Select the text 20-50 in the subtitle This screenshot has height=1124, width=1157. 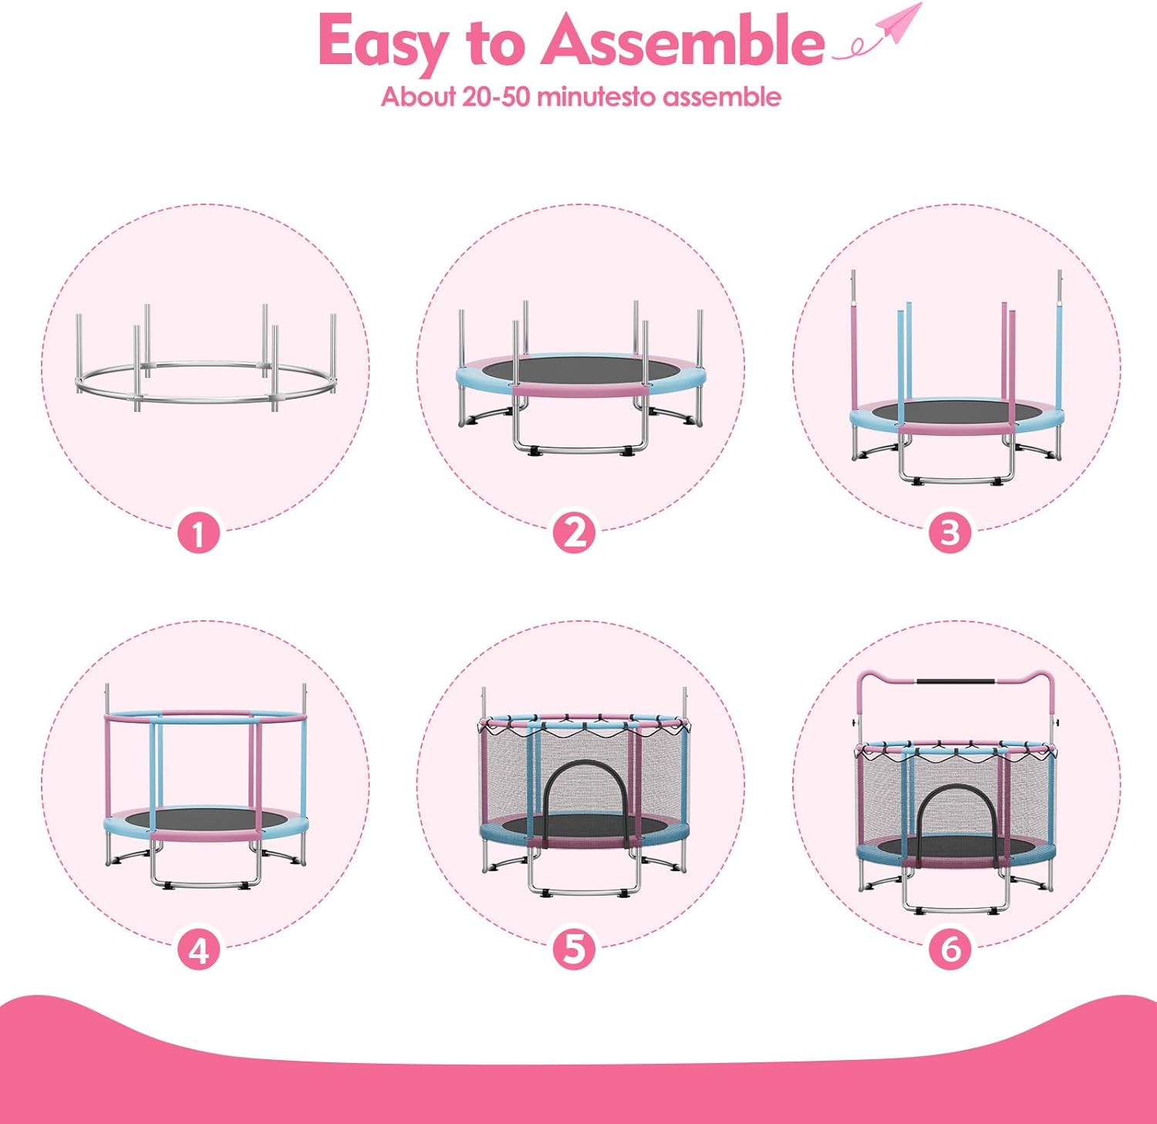click(x=496, y=96)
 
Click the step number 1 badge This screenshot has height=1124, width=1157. click(x=199, y=533)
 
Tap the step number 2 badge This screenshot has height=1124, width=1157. click(x=575, y=533)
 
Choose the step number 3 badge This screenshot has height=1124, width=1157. click(x=950, y=533)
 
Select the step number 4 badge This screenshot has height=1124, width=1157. click(x=199, y=950)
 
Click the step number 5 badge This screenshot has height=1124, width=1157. click(x=575, y=950)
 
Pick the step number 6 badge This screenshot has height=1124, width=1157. click(x=950, y=950)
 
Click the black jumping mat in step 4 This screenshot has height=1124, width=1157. click(x=206, y=819)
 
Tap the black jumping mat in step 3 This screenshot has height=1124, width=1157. click(x=956, y=411)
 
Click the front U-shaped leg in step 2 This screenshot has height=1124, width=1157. click(x=580, y=447)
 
